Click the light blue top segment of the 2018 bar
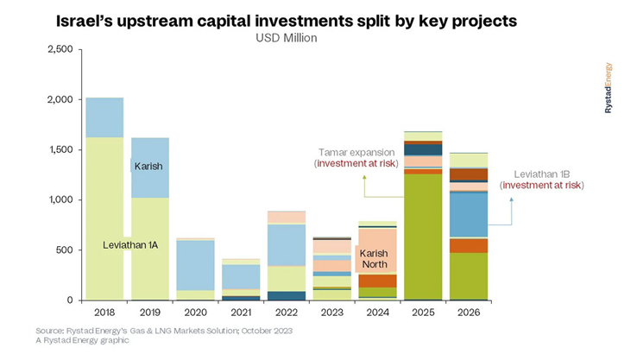[x=104, y=117]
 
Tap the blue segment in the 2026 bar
[x=469, y=213]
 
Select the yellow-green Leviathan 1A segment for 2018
[x=104, y=216]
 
